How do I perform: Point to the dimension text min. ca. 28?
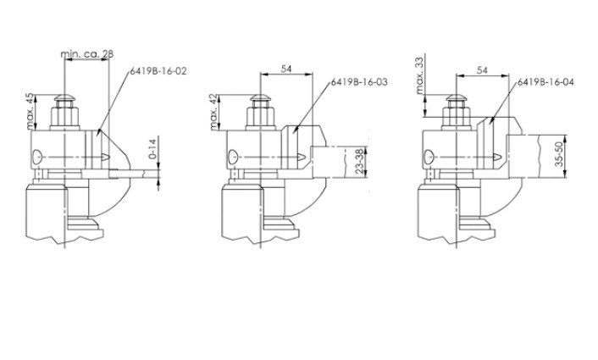(x=88, y=55)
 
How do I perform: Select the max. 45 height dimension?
(x=31, y=111)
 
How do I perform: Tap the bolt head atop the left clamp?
(x=64, y=109)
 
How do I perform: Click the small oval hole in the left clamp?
(x=36, y=155)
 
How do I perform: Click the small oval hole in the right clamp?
(x=429, y=155)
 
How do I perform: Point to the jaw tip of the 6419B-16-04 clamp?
(x=496, y=157)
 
